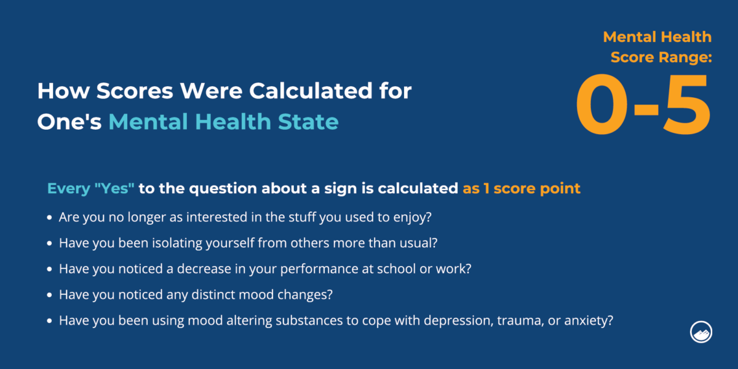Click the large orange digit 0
tap(602, 104)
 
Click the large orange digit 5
tap(686, 105)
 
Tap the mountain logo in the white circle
tap(700, 331)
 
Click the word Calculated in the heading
tap(311, 90)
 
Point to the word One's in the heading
tap(69, 122)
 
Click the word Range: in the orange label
tap(685, 57)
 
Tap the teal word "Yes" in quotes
tap(114, 188)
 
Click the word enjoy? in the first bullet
tap(413, 218)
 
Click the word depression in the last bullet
tap(458, 321)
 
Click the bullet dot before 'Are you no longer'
tap(49, 218)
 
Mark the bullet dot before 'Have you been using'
tap(49, 320)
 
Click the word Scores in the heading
tap(135, 90)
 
